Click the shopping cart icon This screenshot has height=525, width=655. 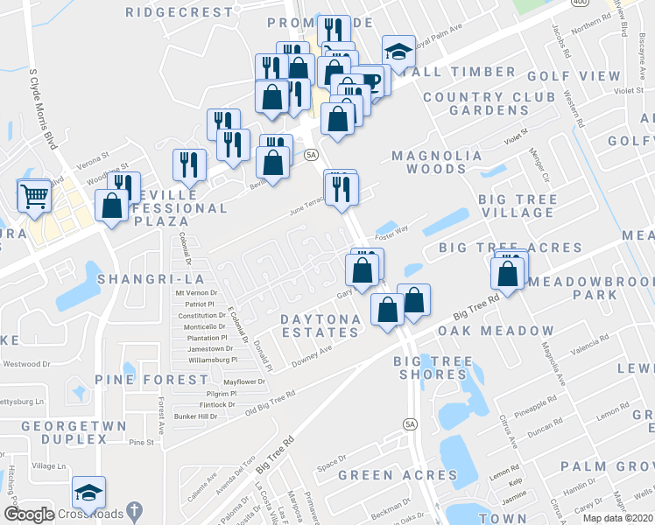tap(34, 196)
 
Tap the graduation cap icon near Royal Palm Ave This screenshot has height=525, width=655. tap(398, 52)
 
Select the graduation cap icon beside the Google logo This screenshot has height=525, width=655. tap(88, 493)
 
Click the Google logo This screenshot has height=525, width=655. tap(29, 514)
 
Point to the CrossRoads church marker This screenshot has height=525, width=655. tap(132, 510)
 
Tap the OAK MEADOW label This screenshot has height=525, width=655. tap(496, 331)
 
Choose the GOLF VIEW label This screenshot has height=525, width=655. tap(574, 76)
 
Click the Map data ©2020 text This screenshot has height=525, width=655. tap(618, 517)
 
